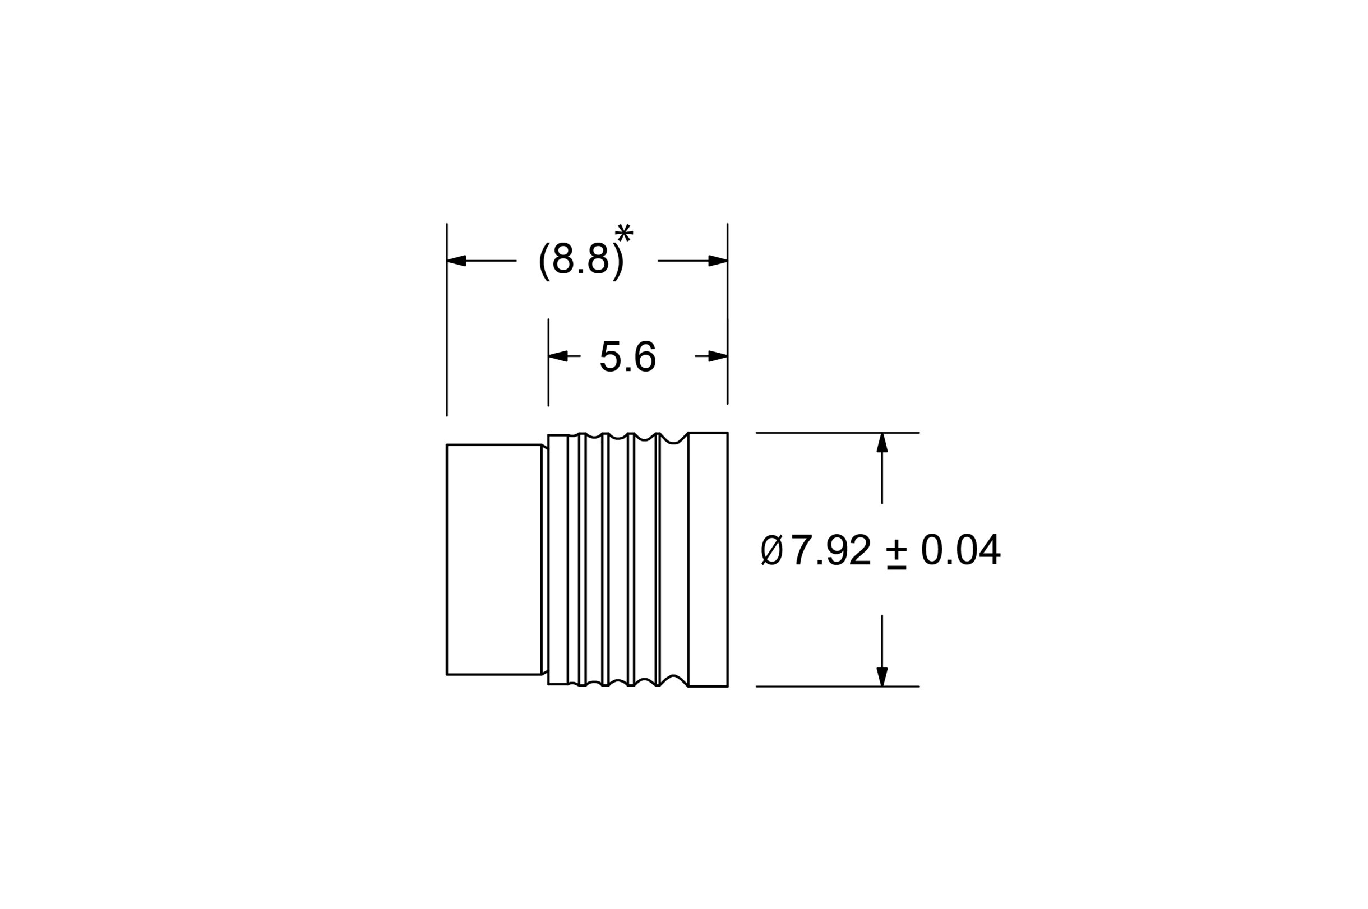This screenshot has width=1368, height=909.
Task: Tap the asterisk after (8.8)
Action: (x=623, y=233)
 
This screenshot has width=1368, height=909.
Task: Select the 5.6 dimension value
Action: (x=627, y=356)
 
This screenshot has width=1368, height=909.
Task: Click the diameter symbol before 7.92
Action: (x=772, y=549)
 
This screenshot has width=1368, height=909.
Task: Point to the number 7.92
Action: (x=830, y=549)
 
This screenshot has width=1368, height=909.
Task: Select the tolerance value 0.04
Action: (x=960, y=549)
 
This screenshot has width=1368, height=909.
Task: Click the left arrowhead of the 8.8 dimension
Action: (x=457, y=260)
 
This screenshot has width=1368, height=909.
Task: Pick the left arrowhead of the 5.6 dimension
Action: (x=558, y=356)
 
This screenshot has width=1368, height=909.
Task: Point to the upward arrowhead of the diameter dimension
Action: (x=882, y=443)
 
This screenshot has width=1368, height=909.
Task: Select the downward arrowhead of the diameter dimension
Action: (x=882, y=676)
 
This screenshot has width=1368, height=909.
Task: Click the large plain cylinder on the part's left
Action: (x=493, y=559)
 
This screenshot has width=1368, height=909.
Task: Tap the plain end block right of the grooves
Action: (x=708, y=559)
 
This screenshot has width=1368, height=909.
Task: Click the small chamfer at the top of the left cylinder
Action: (x=544, y=447)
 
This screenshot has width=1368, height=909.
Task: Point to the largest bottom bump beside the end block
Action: (x=673, y=677)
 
